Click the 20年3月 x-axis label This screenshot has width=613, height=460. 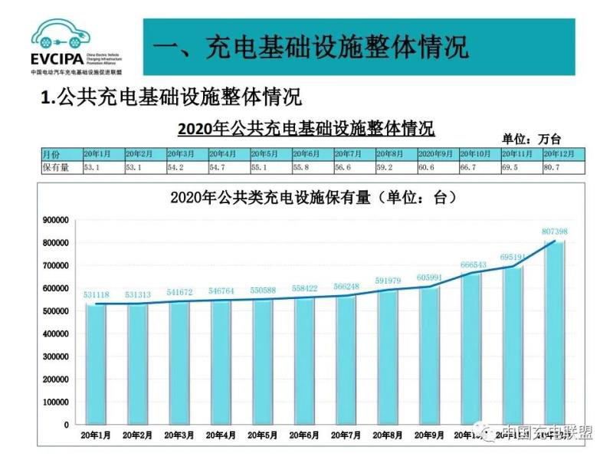tap(179, 435)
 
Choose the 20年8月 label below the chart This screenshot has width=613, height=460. tap(387, 435)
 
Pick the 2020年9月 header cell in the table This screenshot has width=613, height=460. tap(437, 154)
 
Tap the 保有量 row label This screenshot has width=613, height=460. tap(55, 167)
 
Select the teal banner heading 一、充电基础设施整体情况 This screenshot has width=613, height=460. tap(310, 47)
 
